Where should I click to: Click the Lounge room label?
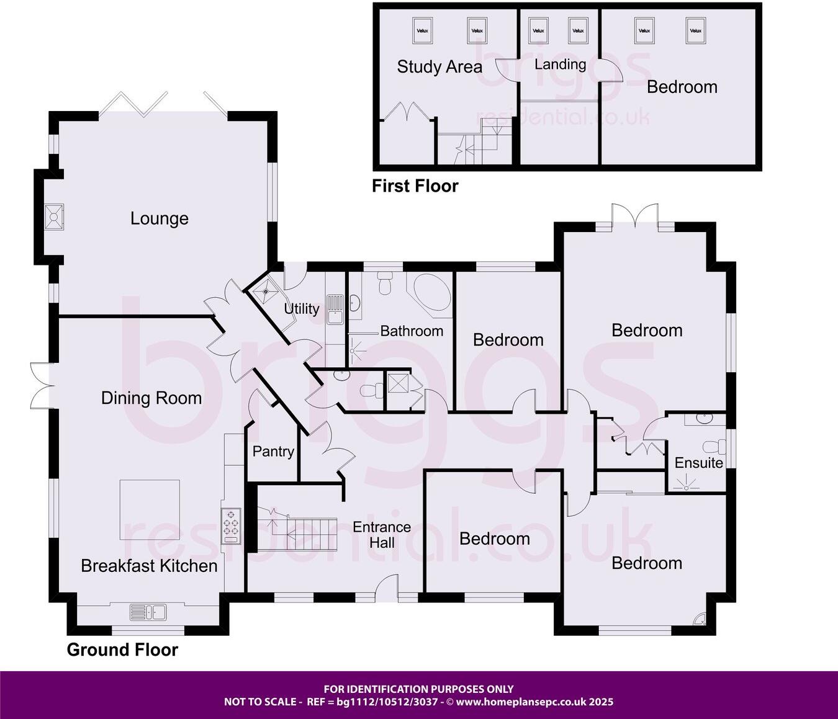pos(160,218)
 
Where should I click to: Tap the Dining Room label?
pos(151,398)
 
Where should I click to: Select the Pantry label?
pos(273,451)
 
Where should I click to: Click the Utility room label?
pos(302,308)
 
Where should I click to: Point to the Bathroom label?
pos(412,331)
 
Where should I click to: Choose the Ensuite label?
pos(698,463)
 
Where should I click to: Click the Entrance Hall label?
pos(382,535)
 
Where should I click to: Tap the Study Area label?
pos(439,67)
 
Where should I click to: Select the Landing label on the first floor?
pos(560,65)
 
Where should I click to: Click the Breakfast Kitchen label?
pos(149,566)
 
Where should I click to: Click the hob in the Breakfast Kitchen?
pos(231,526)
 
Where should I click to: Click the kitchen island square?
pos(150,509)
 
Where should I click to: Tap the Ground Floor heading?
pos(122,650)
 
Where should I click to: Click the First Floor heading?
pos(415,185)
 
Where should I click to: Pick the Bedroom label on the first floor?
pos(682,87)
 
